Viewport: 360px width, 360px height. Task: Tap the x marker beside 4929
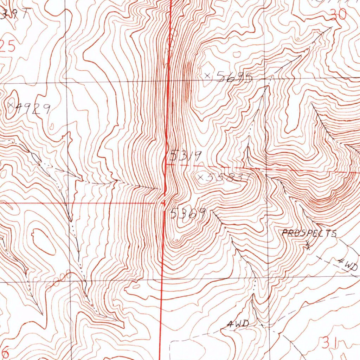[11, 105]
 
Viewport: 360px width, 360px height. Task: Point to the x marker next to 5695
[207, 75]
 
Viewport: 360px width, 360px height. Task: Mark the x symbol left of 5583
[201, 178]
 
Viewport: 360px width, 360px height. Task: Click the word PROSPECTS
[309, 233]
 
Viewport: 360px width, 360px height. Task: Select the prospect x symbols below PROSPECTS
[308, 245]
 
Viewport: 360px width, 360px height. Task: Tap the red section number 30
[338, 14]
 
